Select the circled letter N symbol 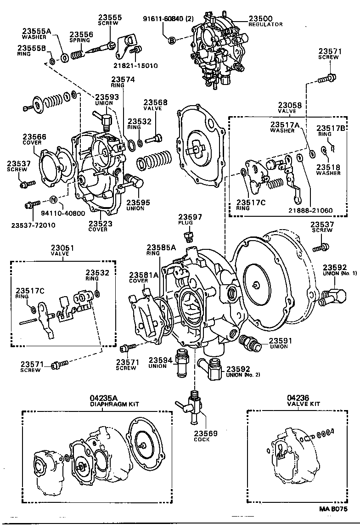coord(53,200)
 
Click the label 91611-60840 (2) coord(168,19)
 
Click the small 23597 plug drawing coord(187,237)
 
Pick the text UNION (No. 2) coord(243,374)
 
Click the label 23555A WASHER coord(37,34)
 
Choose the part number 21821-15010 coord(137,66)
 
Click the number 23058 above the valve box coord(290,105)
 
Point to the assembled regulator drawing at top coord(215,51)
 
